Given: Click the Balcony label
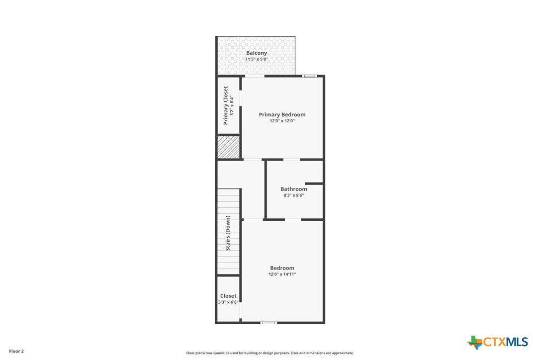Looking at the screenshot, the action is click(x=256, y=53).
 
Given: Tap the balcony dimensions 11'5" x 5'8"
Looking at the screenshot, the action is click(x=257, y=59).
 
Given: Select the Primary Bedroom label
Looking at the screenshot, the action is click(x=282, y=115).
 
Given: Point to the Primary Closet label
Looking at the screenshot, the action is click(x=226, y=105).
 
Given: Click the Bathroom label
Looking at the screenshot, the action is click(x=294, y=189).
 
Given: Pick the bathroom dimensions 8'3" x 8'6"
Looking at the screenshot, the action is click(x=294, y=195).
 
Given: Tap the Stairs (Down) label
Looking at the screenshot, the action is click(x=228, y=233).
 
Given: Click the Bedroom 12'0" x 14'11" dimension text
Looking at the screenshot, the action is click(x=282, y=274).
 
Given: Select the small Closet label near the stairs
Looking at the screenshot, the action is click(x=228, y=296).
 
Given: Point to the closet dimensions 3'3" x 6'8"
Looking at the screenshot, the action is click(x=228, y=302).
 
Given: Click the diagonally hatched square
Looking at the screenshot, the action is click(x=228, y=148).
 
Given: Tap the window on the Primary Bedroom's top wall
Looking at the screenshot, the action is click(x=310, y=76).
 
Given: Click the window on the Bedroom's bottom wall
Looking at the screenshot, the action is click(x=269, y=323).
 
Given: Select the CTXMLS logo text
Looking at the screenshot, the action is click(x=506, y=342).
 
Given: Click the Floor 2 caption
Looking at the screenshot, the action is click(x=16, y=352).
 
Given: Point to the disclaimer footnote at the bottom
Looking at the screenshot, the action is click(x=270, y=353).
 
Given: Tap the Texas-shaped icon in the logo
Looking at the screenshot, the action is click(x=475, y=343).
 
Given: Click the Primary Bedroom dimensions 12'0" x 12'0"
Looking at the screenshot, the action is click(x=282, y=121).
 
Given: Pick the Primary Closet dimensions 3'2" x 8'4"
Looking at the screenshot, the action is click(x=233, y=105).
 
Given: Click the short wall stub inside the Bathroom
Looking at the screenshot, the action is click(x=314, y=183).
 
